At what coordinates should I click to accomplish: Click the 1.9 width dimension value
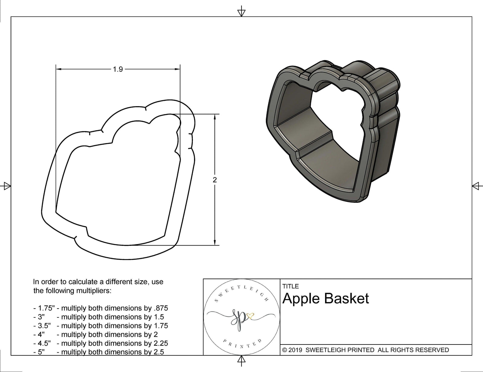click(118, 69)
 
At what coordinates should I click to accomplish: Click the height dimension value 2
click(215, 180)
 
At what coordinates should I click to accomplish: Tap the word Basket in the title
click(347, 299)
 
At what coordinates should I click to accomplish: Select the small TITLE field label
click(290, 286)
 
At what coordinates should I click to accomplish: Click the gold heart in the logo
click(250, 316)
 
